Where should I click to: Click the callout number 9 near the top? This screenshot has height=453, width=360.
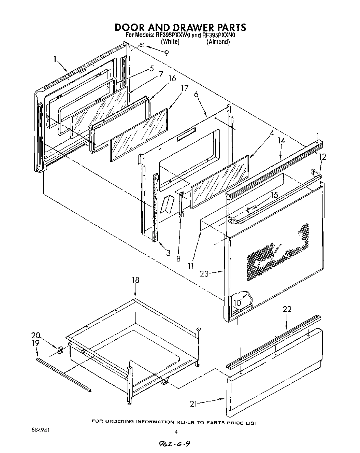tap(166, 53)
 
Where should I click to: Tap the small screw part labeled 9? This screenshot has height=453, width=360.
tap(142, 45)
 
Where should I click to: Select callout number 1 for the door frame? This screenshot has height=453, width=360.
tap(55, 59)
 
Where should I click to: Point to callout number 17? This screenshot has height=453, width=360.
tap(184, 88)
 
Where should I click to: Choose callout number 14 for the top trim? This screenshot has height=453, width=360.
tap(281, 140)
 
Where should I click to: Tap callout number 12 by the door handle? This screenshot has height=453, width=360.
tap(322, 157)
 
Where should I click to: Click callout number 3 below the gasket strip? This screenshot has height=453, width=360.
tap(168, 253)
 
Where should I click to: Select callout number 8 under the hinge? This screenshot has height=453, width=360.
tap(178, 258)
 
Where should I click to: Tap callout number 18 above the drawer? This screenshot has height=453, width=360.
tap(135, 280)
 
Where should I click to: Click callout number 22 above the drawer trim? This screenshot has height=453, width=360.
tap(287, 309)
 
